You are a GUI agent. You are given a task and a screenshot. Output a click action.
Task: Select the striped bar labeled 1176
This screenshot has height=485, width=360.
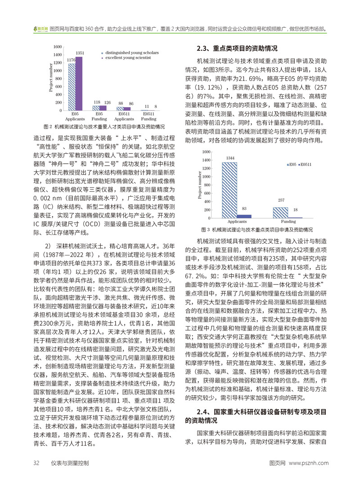click(x=72, y=87)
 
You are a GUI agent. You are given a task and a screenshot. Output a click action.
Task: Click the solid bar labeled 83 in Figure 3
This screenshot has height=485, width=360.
click(x=243, y=216)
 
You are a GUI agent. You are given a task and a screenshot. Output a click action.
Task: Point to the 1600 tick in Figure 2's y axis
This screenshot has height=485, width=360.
click(x=58, y=47)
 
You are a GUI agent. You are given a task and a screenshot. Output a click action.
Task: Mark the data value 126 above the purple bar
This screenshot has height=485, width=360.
click(x=106, y=103)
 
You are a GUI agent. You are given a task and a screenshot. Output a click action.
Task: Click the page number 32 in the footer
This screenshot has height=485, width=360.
click(x=36, y=463)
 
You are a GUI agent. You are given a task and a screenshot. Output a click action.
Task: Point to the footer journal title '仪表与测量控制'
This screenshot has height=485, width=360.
click(x=69, y=463)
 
